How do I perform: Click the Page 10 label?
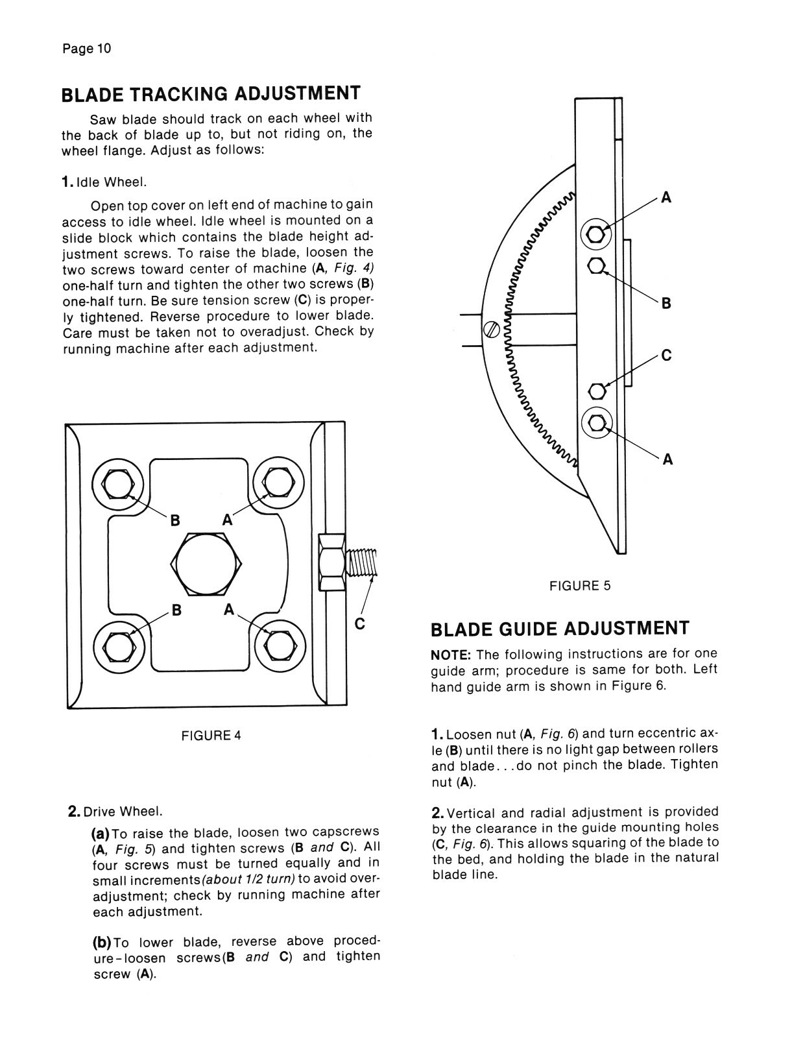click(87, 49)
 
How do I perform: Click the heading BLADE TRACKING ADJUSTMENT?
click(211, 94)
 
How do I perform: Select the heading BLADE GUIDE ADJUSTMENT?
click(560, 629)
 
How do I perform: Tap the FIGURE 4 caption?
click(211, 735)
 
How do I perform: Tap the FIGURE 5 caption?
click(580, 586)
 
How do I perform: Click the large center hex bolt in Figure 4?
click(207, 564)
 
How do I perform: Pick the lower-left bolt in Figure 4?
click(119, 645)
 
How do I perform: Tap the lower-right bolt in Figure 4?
click(280, 645)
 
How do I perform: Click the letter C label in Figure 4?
click(360, 624)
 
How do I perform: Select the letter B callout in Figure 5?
click(666, 303)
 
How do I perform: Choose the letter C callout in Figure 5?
click(666, 356)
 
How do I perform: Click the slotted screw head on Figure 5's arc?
click(491, 329)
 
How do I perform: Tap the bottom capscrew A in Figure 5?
click(596, 422)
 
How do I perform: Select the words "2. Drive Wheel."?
click(115, 812)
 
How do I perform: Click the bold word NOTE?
click(451, 654)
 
